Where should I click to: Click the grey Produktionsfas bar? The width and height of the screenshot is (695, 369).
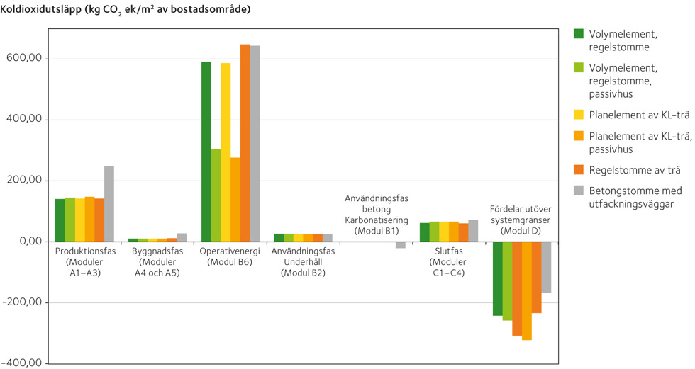pyautogui.click(x=109, y=204)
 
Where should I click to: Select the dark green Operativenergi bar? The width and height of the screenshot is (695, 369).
pyautogui.click(x=206, y=152)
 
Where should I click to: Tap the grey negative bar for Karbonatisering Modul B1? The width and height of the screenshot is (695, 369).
pyautogui.click(x=401, y=245)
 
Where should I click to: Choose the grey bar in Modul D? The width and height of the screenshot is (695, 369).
pyautogui.click(x=546, y=267)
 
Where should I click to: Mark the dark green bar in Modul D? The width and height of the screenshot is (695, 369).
pyautogui.click(x=497, y=278)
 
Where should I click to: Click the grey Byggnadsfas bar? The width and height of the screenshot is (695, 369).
pyautogui.click(x=182, y=237)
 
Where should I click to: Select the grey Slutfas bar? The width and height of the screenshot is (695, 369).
pyautogui.click(x=473, y=231)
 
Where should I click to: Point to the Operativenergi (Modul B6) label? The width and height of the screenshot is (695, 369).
pyautogui.click(x=230, y=256)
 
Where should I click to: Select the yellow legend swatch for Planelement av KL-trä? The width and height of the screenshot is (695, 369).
pyautogui.click(x=579, y=114)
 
